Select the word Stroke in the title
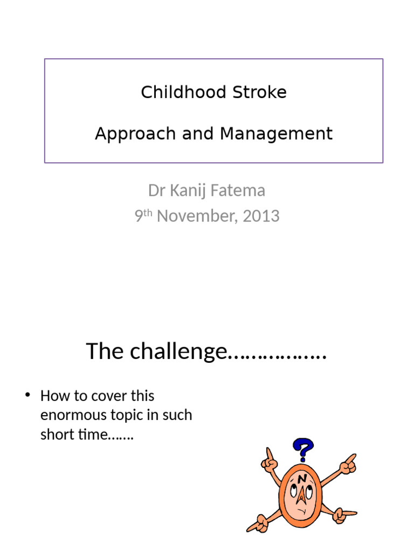pos(260,92)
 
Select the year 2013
pos(261,216)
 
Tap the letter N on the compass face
pos(302,478)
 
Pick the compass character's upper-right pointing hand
pos(348,464)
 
